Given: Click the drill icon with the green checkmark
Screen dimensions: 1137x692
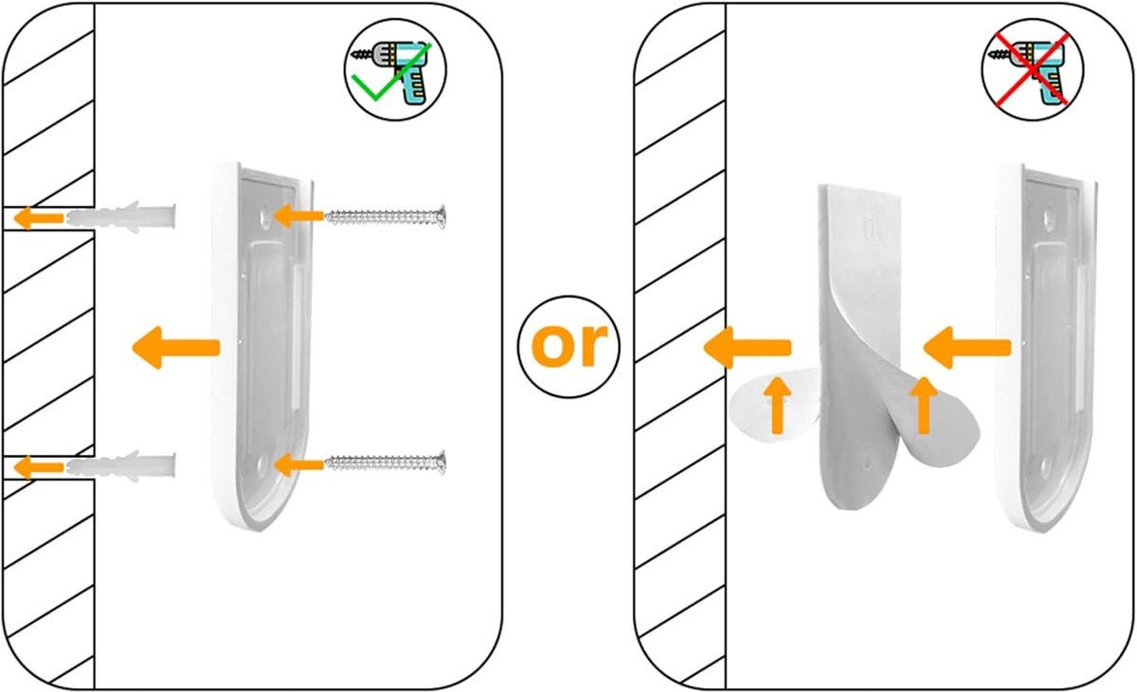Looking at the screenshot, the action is point(395,70).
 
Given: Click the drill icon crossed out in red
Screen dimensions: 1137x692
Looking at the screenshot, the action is point(1033,70).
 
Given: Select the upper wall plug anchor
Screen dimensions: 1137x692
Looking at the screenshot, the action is point(121,218).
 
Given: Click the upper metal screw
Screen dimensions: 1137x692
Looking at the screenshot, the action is point(386,217).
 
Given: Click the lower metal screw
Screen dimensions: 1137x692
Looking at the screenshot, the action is point(386,463).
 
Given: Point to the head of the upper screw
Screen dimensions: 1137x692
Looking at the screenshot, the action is point(441,217).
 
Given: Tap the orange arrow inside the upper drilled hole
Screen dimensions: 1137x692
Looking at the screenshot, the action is point(39,218).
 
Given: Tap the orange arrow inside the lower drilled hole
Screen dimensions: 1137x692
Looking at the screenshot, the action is point(39,466).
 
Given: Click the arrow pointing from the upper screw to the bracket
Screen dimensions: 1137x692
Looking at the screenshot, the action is point(299,216).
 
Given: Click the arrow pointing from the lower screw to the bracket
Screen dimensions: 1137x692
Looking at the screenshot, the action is point(299,464).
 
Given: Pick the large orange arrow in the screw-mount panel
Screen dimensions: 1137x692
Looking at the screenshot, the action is point(176,347).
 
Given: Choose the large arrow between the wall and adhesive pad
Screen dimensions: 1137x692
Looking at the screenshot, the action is point(748,347).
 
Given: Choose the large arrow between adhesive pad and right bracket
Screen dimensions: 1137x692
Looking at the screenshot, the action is point(967,347).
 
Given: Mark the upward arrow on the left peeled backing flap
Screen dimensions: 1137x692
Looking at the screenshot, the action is point(777,406).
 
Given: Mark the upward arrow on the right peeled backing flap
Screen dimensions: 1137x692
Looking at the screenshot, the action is point(924,406).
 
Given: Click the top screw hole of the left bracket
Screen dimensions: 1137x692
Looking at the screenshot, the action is point(264,217).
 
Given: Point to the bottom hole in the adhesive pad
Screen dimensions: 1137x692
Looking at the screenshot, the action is point(868,462).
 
